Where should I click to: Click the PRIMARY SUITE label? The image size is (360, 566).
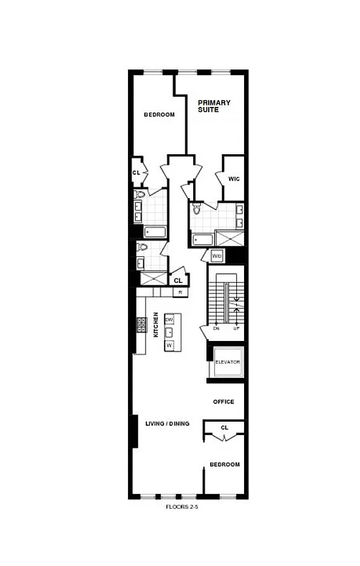(x=214, y=106)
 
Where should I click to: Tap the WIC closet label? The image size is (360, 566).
(x=234, y=179)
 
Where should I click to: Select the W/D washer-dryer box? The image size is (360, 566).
(x=217, y=256)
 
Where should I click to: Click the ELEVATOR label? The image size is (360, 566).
(x=228, y=362)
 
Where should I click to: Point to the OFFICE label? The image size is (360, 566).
(x=223, y=402)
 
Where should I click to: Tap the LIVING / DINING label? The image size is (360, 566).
(x=168, y=424)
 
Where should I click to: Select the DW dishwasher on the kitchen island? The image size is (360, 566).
(x=169, y=320)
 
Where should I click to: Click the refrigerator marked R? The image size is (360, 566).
(x=180, y=291)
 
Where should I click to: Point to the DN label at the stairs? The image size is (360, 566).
(x=216, y=328)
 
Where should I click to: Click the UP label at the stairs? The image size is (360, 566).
(x=236, y=328)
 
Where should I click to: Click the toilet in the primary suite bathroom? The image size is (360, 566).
(x=197, y=209)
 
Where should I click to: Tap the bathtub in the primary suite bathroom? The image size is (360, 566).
(x=203, y=238)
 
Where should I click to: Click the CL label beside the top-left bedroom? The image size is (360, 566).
(x=136, y=173)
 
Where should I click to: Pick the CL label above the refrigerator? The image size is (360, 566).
(x=178, y=280)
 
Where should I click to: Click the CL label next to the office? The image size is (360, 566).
(x=224, y=427)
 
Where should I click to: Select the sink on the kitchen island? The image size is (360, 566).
(x=169, y=333)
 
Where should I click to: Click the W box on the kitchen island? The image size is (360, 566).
(x=169, y=346)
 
